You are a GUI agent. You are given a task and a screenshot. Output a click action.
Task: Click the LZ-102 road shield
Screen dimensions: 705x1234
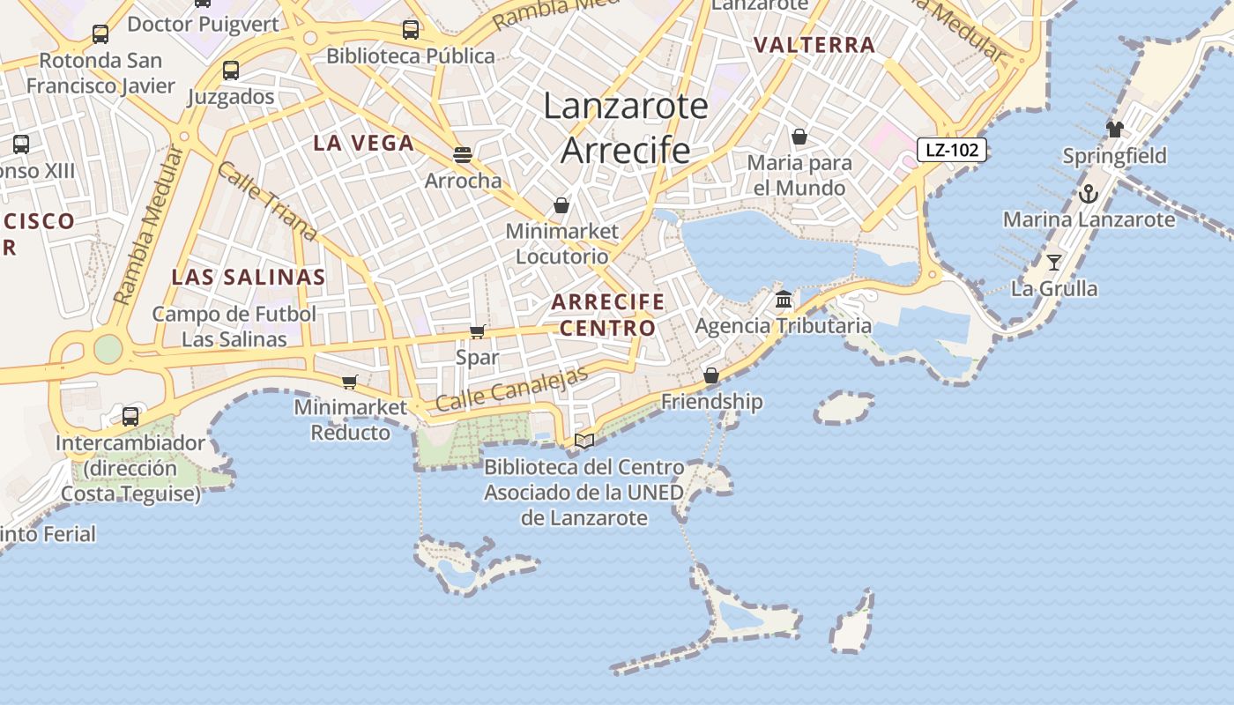pos(951,150)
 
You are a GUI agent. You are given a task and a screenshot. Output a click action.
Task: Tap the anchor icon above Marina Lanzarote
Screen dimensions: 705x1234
pos(1089,194)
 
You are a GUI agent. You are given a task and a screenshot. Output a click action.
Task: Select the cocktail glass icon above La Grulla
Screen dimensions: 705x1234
pos(1053,262)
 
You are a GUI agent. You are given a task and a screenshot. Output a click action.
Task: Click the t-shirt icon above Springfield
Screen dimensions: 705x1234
pos(1114,130)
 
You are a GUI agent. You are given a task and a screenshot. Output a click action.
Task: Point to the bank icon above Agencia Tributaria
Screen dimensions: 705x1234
pos(784,300)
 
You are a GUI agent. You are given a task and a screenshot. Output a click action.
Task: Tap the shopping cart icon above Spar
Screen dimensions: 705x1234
pos(477,331)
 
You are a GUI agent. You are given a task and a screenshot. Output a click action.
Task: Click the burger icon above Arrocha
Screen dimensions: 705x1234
pos(463,155)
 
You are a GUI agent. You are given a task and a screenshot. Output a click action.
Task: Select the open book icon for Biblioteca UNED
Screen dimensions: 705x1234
pos(584,441)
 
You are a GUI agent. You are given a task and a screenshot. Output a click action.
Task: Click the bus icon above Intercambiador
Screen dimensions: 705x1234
pos(130,416)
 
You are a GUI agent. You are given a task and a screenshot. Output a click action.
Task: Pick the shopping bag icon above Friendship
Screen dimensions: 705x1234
pos(711,375)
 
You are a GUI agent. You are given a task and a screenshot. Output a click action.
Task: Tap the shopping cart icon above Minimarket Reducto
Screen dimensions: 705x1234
pos(350,382)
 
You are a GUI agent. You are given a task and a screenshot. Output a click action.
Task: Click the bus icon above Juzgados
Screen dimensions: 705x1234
pos(231,70)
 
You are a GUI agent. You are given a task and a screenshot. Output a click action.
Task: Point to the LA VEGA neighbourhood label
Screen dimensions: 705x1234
pos(363,143)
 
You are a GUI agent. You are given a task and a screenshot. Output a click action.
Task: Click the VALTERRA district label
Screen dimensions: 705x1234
pos(814,45)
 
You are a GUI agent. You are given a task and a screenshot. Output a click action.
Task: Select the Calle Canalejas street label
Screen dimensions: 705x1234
pos(511,389)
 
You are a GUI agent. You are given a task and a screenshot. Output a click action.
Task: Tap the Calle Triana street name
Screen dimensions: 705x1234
pos(265,201)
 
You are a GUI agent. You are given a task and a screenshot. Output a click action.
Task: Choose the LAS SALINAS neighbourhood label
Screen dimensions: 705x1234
pos(249,277)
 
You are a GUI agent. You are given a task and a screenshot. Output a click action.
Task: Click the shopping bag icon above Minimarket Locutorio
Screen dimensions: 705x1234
pos(561,205)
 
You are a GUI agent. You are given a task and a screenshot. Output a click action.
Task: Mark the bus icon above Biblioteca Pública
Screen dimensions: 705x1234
pos(411,30)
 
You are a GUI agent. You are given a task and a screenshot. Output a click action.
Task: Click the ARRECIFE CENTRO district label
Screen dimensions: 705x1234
pos(608,315)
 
